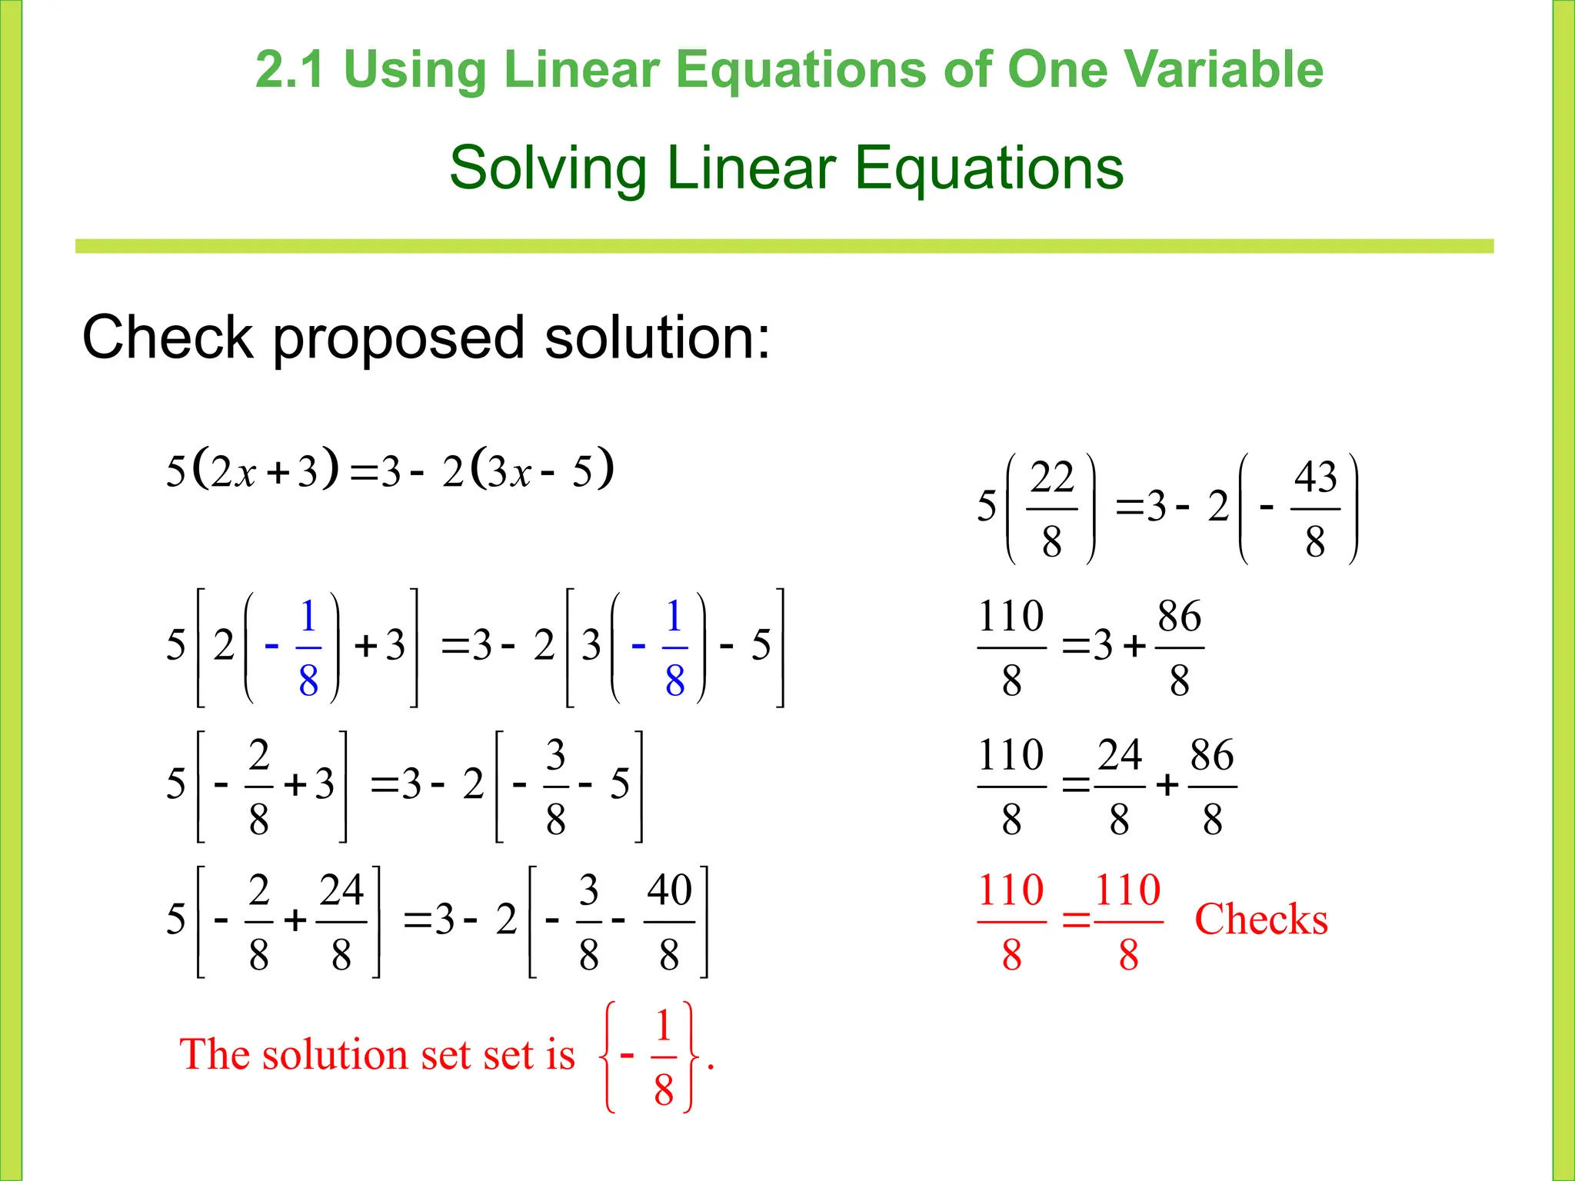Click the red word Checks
(x=1261, y=920)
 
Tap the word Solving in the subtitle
(x=547, y=168)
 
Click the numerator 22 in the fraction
(x=1051, y=477)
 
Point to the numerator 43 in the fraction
(x=1315, y=477)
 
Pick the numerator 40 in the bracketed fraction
(x=669, y=890)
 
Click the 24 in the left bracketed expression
(x=341, y=890)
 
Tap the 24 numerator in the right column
(x=1120, y=755)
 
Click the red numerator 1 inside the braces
(x=664, y=1026)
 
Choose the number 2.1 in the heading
(x=289, y=69)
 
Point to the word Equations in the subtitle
(x=988, y=168)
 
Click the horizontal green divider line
(x=784, y=246)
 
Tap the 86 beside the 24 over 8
(x=1212, y=755)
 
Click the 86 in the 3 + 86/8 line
(x=1180, y=617)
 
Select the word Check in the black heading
(x=168, y=338)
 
